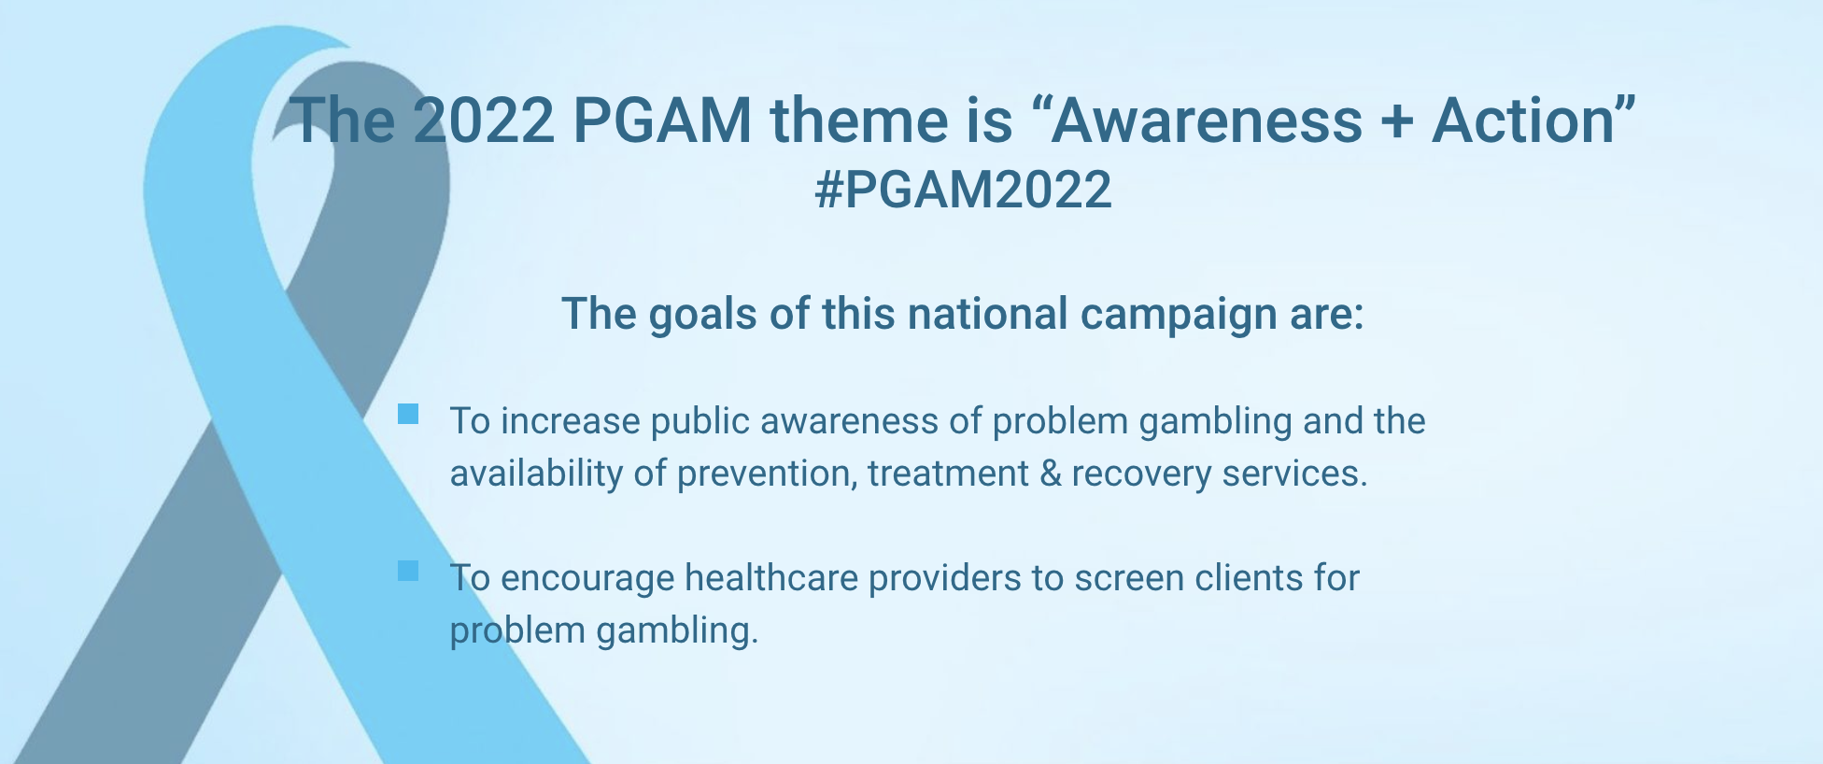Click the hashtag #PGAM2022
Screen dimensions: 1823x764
[963, 190]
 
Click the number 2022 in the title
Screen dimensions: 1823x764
[484, 120]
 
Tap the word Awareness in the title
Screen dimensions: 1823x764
[1207, 120]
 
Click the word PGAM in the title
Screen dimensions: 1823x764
[662, 120]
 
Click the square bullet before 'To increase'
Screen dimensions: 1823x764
[408, 414]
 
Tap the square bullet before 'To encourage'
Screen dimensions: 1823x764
[408, 571]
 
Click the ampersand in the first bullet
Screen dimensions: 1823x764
[1051, 474]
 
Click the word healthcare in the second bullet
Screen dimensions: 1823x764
[771, 578]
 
